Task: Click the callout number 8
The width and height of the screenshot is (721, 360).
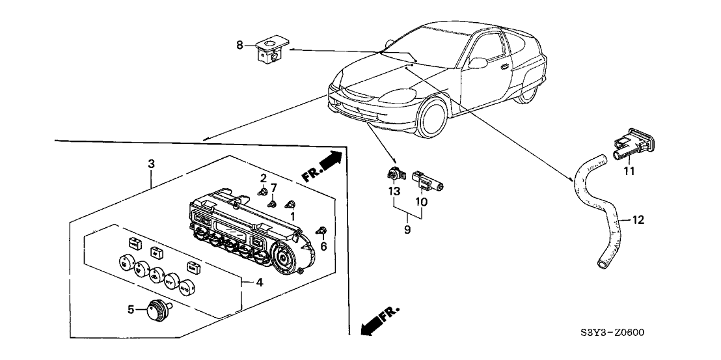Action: pyautogui.click(x=239, y=44)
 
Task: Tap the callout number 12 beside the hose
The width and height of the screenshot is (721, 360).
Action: pyautogui.click(x=638, y=220)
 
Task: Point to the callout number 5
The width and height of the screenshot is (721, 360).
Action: pyautogui.click(x=130, y=310)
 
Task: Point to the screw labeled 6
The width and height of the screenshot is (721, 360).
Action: pyautogui.click(x=320, y=230)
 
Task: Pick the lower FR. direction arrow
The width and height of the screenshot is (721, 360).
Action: pyautogui.click(x=377, y=322)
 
